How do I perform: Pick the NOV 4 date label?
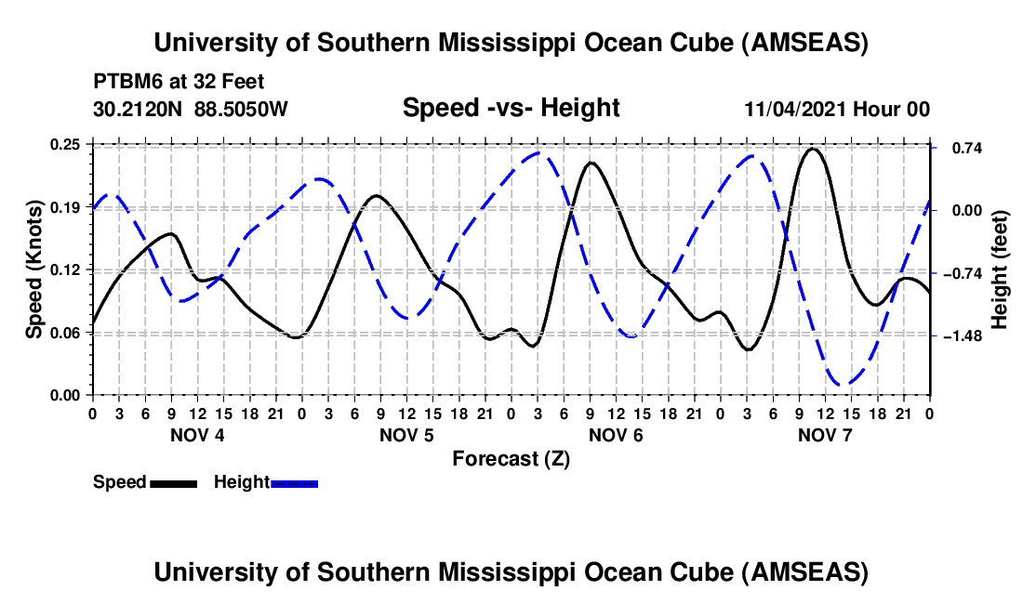196,435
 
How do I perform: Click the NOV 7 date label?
826,435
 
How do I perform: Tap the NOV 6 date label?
616,435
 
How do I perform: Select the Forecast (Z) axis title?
511,458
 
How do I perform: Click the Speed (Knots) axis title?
34,269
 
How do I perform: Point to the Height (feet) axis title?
1000,269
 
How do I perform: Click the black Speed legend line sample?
173,483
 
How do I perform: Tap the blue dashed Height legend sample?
295,483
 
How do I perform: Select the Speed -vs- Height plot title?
511,109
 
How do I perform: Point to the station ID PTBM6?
124,80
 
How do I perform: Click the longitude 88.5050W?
242,110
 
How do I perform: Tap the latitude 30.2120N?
139,110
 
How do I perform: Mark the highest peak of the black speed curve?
813,149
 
